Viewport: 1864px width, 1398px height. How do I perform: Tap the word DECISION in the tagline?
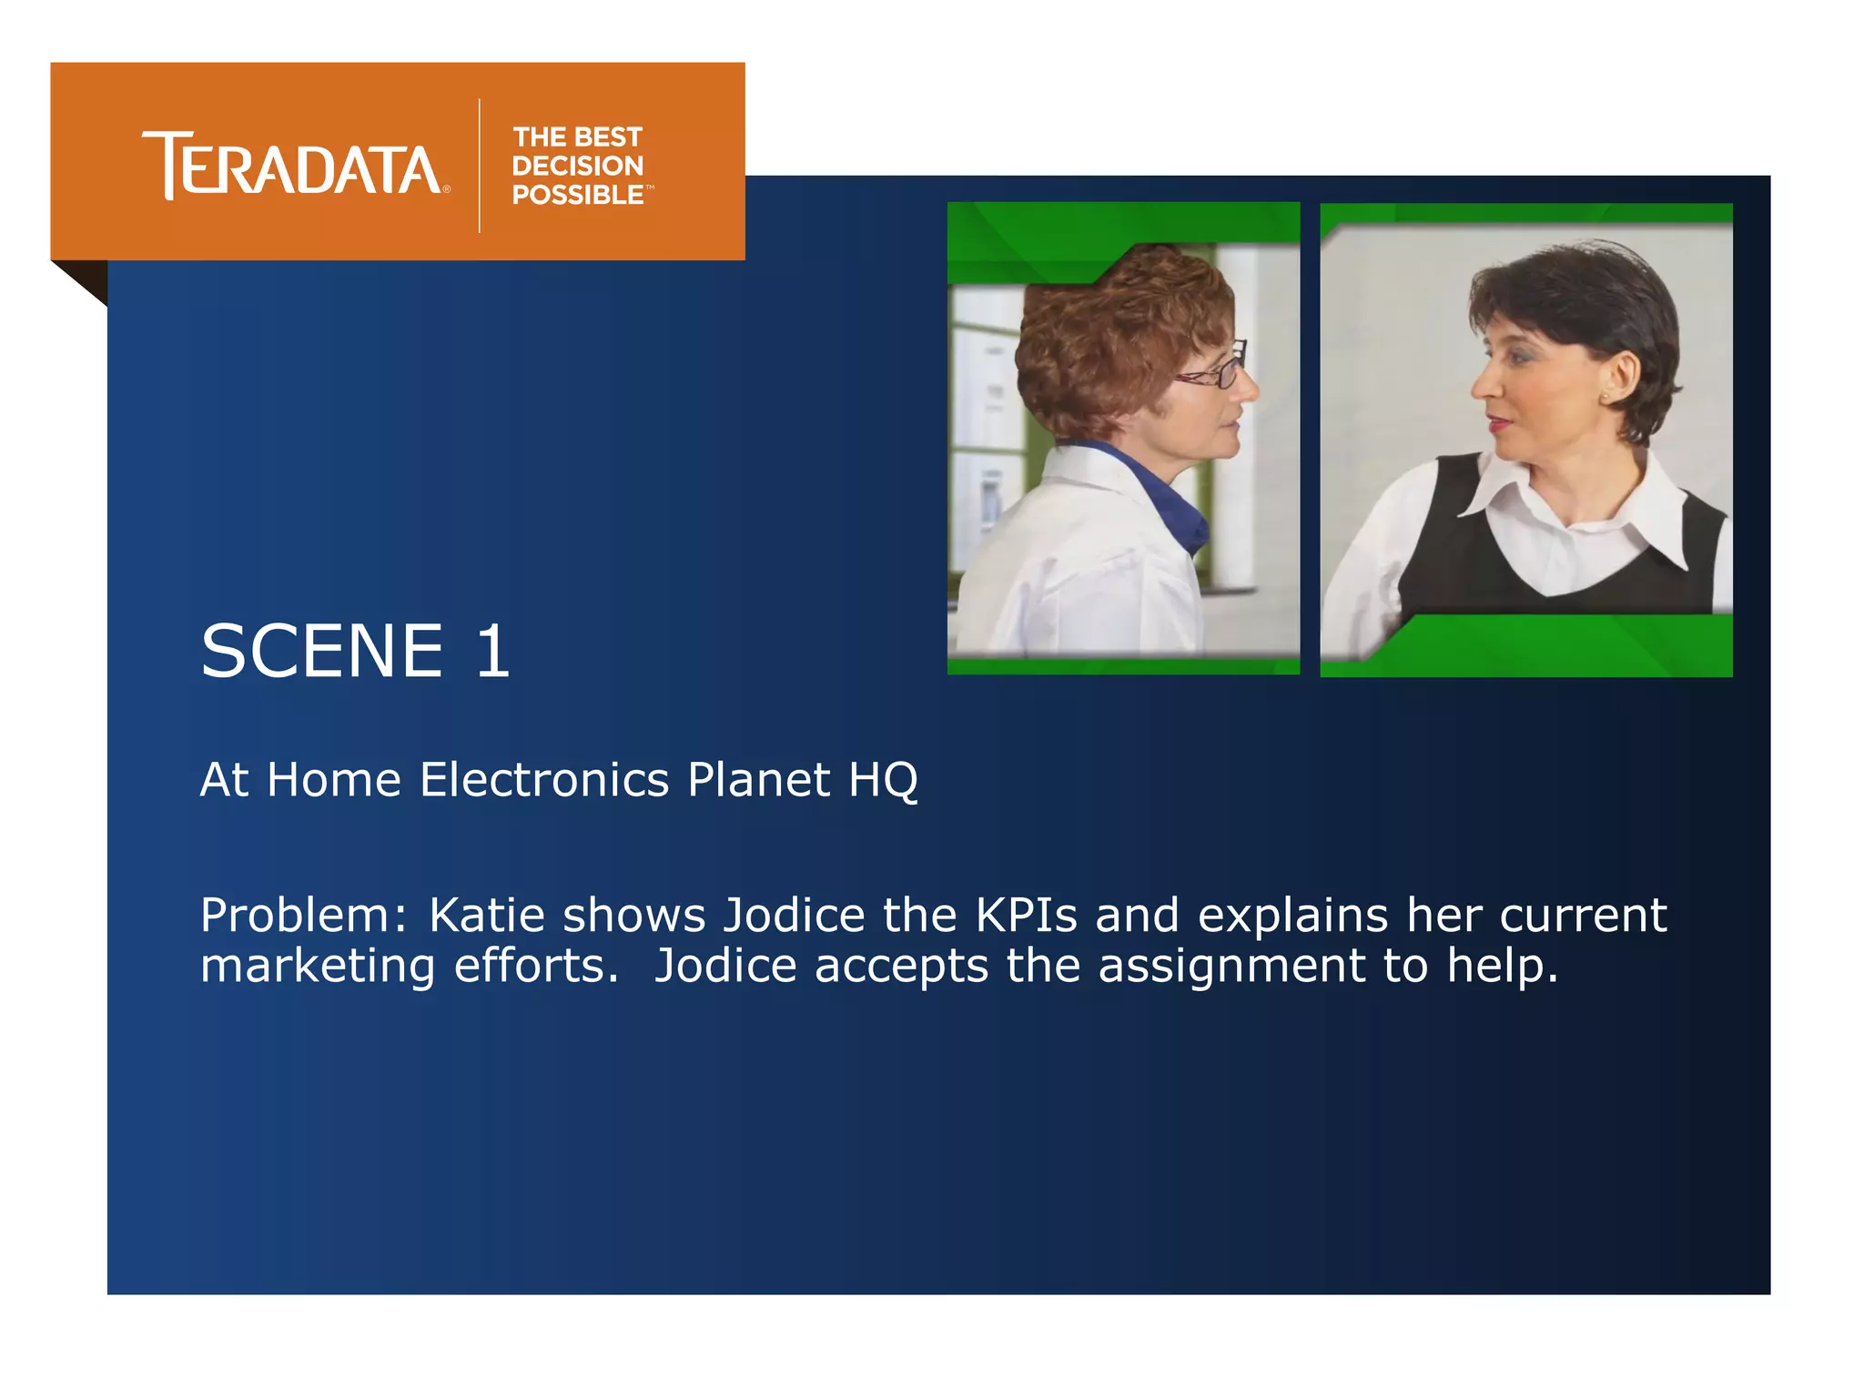[577, 166]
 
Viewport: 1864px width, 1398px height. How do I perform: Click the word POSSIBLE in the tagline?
[577, 195]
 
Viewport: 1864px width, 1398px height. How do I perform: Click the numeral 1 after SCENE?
[492, 652]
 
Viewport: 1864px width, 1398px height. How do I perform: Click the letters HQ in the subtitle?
[883, 781]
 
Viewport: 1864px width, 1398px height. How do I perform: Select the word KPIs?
[1026, 916]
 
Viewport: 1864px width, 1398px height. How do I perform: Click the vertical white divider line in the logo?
[480, 166]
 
